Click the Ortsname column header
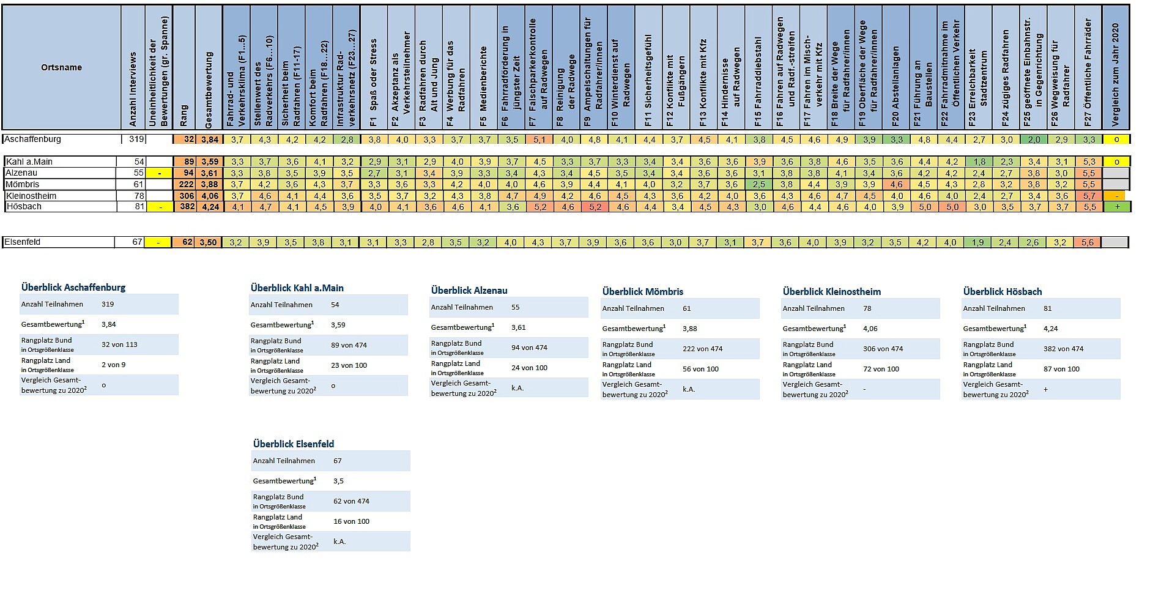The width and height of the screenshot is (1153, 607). [x=61, y=67]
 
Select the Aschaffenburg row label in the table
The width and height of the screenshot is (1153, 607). [x=33, y=139]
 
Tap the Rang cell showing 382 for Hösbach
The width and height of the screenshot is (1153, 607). [x=187, y=207]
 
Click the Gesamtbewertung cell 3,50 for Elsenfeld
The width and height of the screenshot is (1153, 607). [x=209, y=242]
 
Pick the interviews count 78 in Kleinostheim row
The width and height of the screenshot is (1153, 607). [x=139, y=196]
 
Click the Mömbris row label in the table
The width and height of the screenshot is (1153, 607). [x=22, y=184]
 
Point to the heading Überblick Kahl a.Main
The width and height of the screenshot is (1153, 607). [x=297, y=288]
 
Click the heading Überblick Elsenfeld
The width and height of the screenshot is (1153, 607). [x=294, y=444]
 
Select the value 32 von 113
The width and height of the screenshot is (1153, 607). [x=119, y=344]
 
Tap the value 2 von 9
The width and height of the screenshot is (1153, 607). [x=113, y=365]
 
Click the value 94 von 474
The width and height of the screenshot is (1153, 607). [x=529, y=348]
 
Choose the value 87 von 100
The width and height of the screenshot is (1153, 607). [x=1061, y=369]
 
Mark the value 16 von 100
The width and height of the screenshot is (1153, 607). [x=351, y=521]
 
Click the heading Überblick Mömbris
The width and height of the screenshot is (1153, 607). [x=642, y=291]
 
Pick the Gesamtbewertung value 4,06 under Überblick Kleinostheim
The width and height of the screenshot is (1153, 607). [x=870, y=329]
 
